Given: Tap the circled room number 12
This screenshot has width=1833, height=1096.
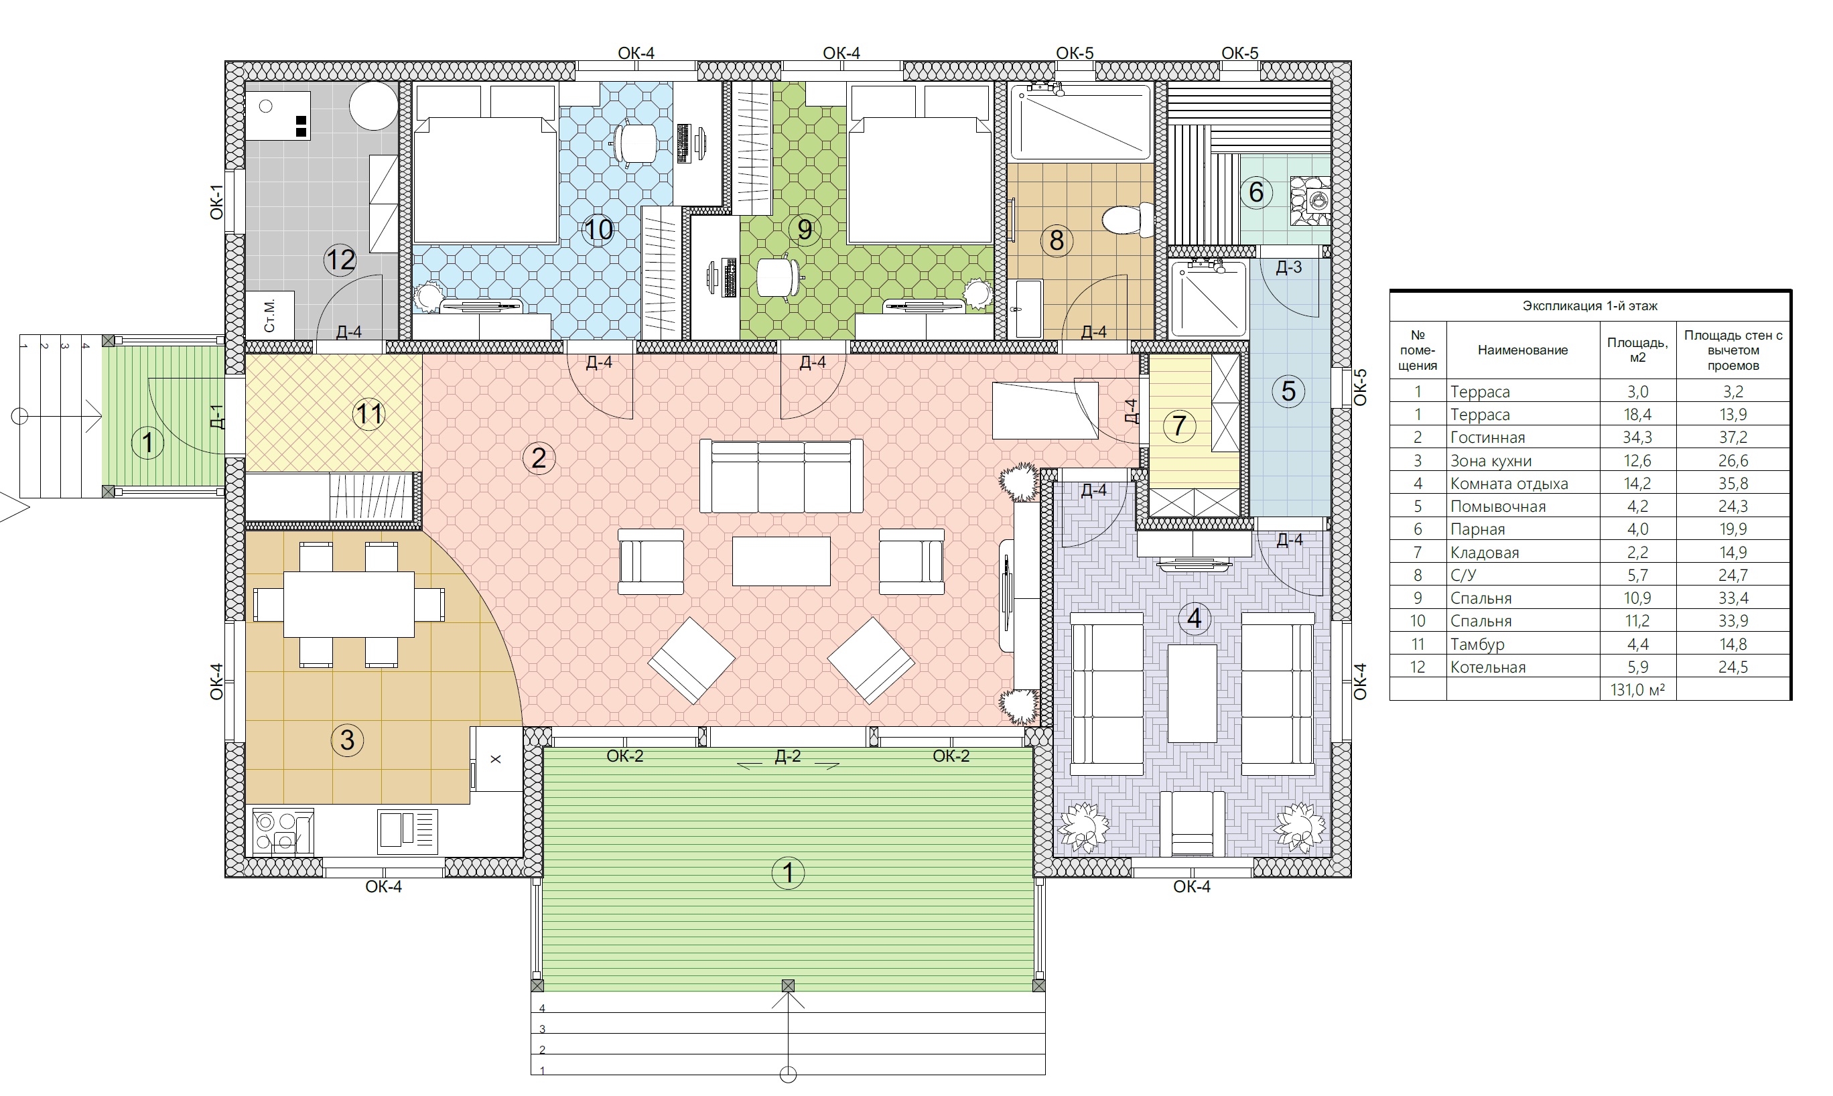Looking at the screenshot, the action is tap(340, 260).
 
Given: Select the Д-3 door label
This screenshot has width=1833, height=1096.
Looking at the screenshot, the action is tap(1289, 267).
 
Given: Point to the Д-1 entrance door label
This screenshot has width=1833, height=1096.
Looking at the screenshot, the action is tap(216, 417).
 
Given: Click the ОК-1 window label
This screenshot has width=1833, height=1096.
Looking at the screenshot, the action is tap(216, 202).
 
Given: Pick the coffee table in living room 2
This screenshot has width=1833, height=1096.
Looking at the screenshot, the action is tap(781, 561).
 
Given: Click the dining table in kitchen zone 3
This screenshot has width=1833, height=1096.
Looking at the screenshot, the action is tap(348, 604).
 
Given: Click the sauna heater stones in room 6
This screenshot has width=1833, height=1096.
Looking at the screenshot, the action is tap(1310, 200).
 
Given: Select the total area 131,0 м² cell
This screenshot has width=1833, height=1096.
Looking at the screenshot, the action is tap(1637, 690).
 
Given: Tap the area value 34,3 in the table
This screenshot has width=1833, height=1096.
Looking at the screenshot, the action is tap(1637, 437).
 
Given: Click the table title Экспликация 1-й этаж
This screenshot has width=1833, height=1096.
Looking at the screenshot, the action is tap(1590, 305).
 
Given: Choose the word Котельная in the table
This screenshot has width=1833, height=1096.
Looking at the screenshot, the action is tap(1488, 667).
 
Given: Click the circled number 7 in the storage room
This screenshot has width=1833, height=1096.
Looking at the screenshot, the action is tap(1178, 425).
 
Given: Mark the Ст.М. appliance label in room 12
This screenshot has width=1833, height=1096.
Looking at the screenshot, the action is tap(269, 316).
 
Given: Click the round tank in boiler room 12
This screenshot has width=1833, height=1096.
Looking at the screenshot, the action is tap(374, 106).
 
